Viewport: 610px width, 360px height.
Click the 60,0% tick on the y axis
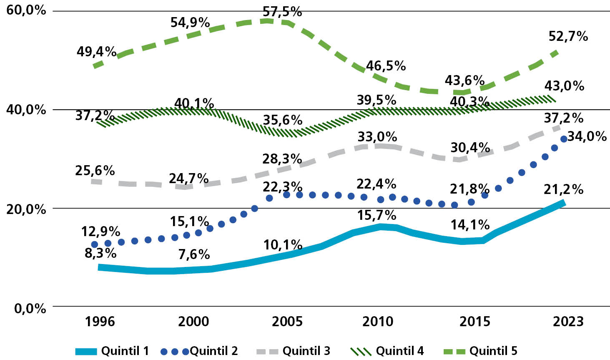26,10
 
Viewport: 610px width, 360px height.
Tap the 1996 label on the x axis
100,322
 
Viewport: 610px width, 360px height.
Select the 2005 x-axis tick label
287,322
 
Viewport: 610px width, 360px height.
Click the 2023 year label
568,322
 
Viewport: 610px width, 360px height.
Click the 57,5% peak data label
282,12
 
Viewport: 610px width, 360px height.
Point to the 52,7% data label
568,37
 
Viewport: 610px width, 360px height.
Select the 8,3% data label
100,253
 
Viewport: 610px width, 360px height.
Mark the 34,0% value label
587,136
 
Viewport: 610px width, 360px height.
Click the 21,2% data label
563,189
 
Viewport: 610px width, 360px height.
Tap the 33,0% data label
377,137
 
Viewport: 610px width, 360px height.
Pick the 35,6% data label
282,120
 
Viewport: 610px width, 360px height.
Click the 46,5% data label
386,66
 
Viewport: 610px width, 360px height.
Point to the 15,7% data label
377,215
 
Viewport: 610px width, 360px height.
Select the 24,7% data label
188,179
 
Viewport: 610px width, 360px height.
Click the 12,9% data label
100,232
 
